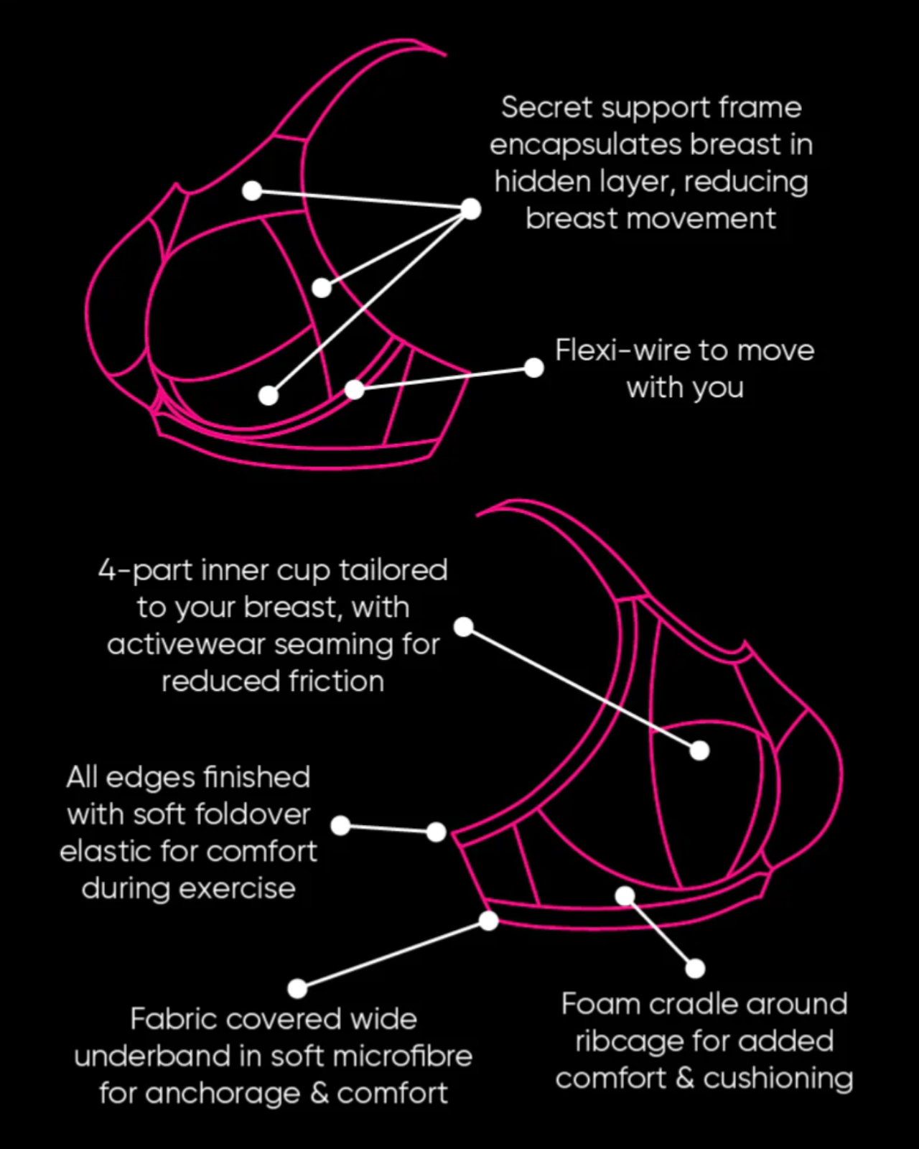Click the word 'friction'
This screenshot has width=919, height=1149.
pos(337,682)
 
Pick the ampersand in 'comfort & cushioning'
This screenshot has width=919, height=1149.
pos(685,1079)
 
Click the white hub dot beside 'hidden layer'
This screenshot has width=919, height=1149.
pos(471,209)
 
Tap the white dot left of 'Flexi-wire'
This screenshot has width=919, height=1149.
pos(534,368)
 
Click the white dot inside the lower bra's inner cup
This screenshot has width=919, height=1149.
pos(699,750)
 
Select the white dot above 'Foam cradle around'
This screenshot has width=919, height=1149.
pos(695,969)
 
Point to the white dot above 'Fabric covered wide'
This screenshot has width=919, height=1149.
pos(297,988)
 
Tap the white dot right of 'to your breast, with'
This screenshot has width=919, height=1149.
pos(464,626)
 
